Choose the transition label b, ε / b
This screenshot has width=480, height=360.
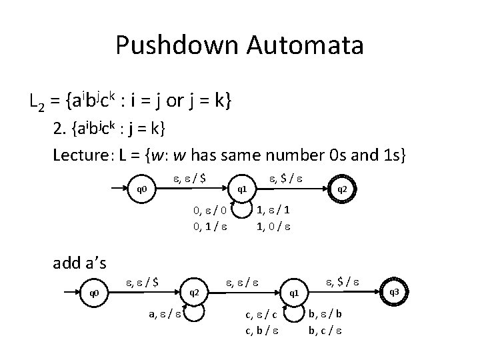[x=326, y=313]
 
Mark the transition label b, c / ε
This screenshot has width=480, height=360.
[x=326, y=327]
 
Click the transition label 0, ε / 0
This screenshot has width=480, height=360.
[x=210, y=211]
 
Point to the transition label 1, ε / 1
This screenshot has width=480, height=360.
[x=273, y=211]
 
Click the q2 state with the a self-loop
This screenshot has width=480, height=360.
[x=195, y=291]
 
